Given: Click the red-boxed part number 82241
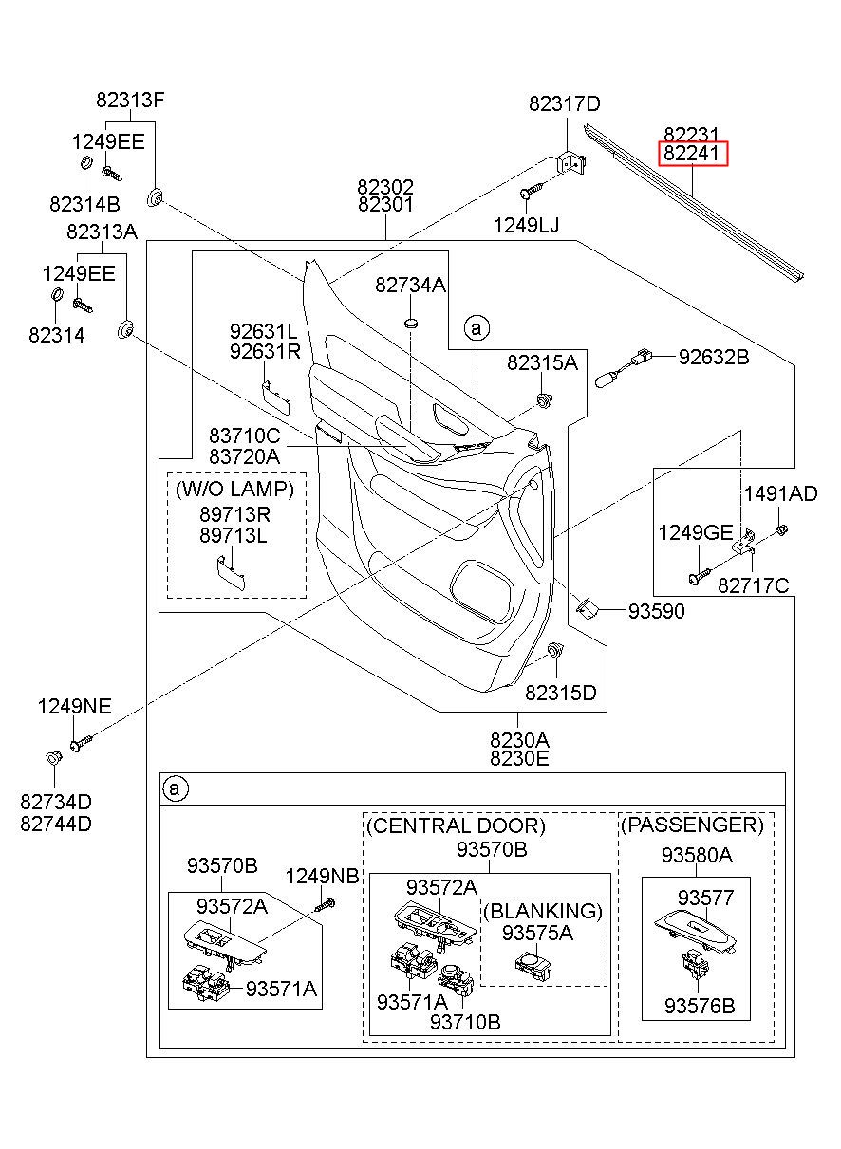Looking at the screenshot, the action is [x=693, y=153].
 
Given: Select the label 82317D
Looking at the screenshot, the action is [x=565, y=104].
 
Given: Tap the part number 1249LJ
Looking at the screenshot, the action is [x=526, y=225].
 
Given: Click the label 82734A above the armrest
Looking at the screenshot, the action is [x=410, y=285].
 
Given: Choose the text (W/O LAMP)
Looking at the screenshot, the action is [x=235, y=489].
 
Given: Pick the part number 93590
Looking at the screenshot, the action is [x=657, y=611].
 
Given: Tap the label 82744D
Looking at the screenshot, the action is [x=56, y=824].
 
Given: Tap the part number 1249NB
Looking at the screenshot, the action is [x=322, y=876].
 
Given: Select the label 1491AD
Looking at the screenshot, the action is [x=780, y=494].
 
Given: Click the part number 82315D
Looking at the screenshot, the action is [x=561, y=693].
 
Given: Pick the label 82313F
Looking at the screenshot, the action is [x=130, y=100].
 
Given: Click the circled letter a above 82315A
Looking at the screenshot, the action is [x=477, y=327].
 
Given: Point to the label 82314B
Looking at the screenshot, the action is [x=84, y=204].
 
